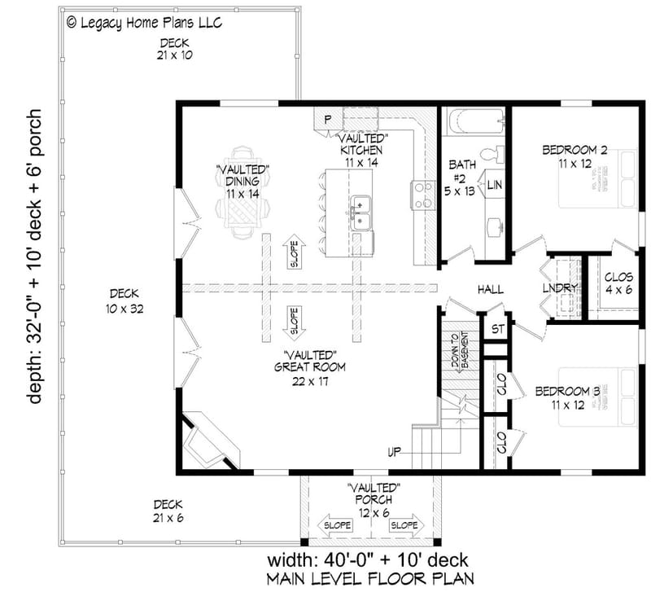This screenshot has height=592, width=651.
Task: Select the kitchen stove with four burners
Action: (x=422, y=195)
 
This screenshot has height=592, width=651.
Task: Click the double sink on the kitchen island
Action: (x=360, y=213)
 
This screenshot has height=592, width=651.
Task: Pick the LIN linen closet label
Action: (x=494, y=186)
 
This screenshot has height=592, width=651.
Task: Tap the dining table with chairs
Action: (x=242, y=193)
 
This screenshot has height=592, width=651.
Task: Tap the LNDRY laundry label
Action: (x=560, y=288)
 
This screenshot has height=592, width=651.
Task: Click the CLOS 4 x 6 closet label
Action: (x=618, y=283)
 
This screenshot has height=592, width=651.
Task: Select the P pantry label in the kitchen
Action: (x=327, y=120)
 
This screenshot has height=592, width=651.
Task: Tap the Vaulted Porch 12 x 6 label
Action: (x=374, y=499)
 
